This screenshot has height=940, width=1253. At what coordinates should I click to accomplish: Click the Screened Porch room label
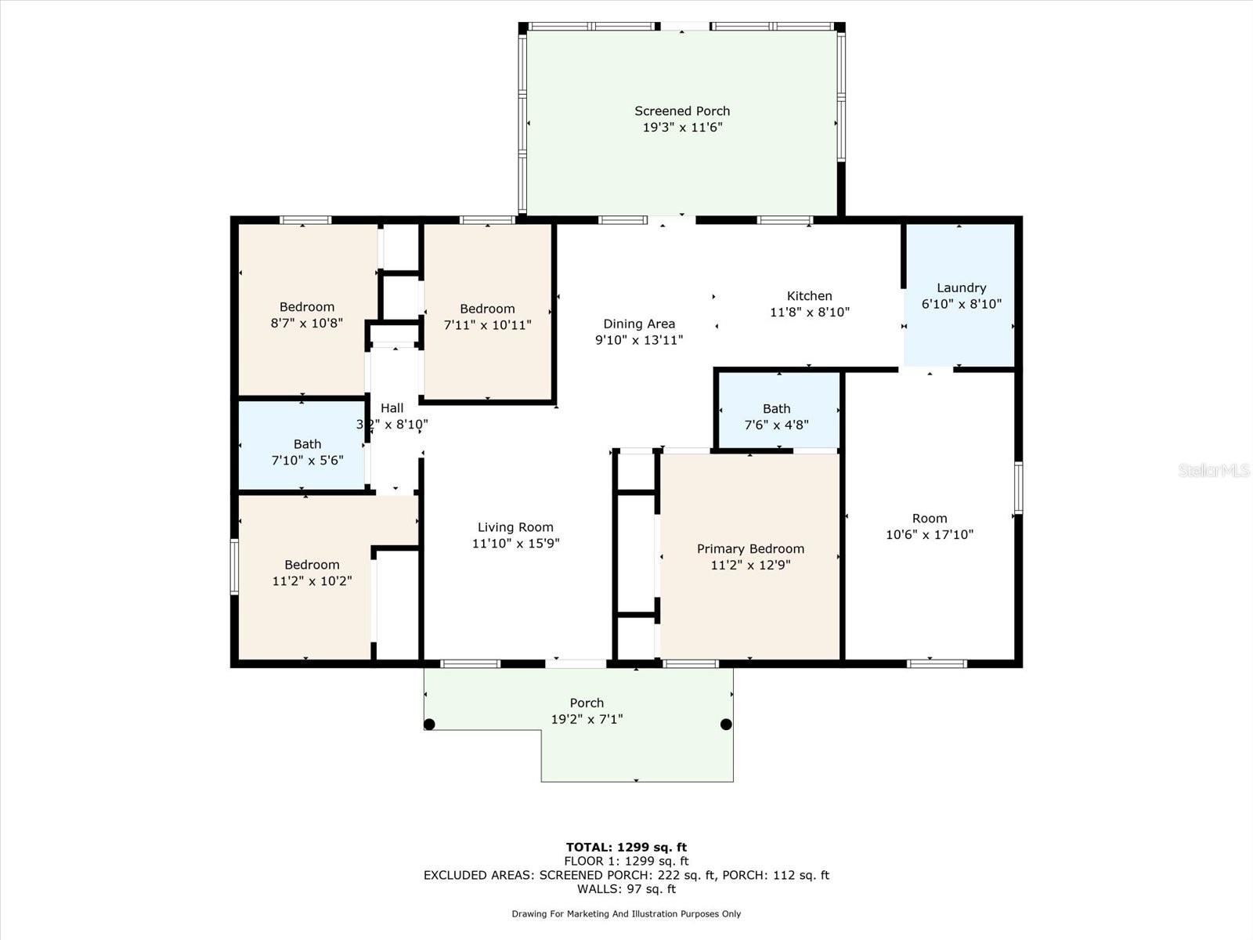click(x=682, y=110)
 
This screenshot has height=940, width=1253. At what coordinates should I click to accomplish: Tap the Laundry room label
click(x=962, y=287)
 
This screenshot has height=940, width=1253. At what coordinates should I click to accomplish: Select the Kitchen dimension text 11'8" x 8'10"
click(x=810, y=312)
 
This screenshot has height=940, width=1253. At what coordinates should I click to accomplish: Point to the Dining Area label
click(x=639, y=324)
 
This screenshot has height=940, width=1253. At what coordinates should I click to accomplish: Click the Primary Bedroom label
click(x=750, y=548)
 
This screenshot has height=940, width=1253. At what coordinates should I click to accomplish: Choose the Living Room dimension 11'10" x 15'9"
click(x=515, y=543)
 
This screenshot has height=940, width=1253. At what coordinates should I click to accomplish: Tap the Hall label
click(x=392, y=408)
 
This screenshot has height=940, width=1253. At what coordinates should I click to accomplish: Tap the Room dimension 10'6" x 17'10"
click(x=930, y=534)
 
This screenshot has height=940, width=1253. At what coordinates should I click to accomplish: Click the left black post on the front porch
click(x=430, y=725)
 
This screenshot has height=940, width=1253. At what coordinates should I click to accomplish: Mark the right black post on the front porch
click(x=726, y=725)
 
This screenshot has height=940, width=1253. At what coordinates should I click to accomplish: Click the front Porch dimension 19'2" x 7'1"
click(x=587, y=718)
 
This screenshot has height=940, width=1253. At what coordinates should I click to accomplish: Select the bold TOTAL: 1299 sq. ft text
click(x=626, y=847)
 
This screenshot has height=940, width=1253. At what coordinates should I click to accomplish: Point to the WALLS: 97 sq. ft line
click(x=626, y=888)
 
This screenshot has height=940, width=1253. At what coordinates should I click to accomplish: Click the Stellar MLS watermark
click(x=1214, y=470)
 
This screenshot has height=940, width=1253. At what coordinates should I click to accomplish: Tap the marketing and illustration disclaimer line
click(x=626, y=913)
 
